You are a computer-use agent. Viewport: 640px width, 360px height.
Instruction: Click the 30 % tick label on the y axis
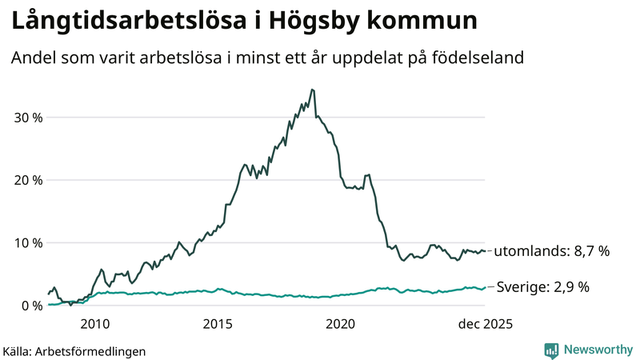pos(26,118)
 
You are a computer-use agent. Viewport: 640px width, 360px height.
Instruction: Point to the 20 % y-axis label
pos(26,180)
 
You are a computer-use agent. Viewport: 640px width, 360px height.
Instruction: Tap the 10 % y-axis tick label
pos(26,242)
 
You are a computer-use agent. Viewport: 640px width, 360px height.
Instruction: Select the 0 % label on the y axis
pos(30,305)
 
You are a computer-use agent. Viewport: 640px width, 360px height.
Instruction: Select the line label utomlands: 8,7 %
pos(552,251)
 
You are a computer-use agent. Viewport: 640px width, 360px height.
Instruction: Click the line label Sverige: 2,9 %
pos(543,286)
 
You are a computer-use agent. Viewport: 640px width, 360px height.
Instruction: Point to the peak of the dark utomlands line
pos(312,90)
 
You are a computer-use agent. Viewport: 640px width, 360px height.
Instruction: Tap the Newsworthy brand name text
pos(598,350)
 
